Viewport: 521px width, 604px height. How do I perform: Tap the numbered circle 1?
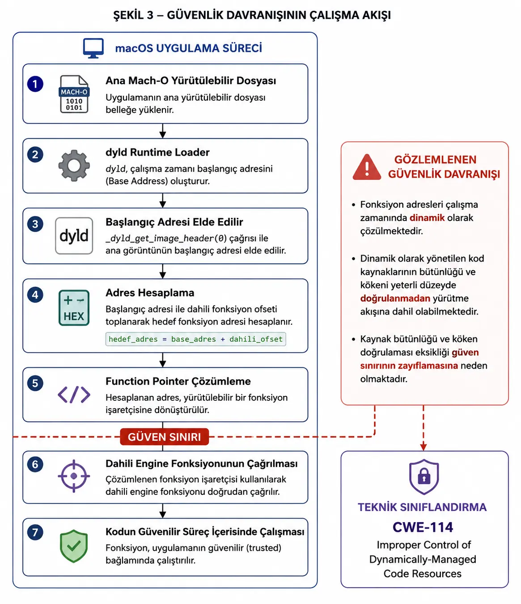35,84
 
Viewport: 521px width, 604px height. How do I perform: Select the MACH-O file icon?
74,94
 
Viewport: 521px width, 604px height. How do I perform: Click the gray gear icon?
74,166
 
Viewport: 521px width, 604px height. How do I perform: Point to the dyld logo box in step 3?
74,236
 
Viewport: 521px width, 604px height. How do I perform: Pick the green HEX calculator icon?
74,308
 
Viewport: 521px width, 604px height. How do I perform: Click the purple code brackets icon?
74,395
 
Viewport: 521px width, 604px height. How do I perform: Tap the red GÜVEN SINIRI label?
165,437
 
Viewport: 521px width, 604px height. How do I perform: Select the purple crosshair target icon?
74,476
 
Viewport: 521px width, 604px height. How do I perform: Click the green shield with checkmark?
74,546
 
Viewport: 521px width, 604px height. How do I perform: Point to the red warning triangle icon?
367,167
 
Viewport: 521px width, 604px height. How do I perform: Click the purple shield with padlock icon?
424,477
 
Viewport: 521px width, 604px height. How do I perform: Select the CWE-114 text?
423,527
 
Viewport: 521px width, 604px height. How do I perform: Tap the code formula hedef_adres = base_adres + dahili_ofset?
196,339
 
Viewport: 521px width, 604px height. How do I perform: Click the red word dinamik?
427,218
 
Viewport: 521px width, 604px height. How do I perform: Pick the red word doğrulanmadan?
395,298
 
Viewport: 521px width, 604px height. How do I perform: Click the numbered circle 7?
35,532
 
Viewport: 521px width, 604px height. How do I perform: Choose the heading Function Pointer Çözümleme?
178,381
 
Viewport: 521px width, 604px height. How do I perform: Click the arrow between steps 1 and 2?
163,131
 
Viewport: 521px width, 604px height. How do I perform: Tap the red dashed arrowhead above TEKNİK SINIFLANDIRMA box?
424,447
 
